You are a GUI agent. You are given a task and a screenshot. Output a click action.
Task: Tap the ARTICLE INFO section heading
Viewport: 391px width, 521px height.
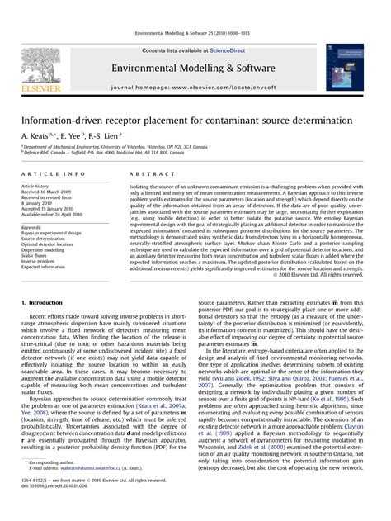coord(53,175)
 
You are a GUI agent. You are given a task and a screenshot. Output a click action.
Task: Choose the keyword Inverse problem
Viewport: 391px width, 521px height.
coord(39,261)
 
